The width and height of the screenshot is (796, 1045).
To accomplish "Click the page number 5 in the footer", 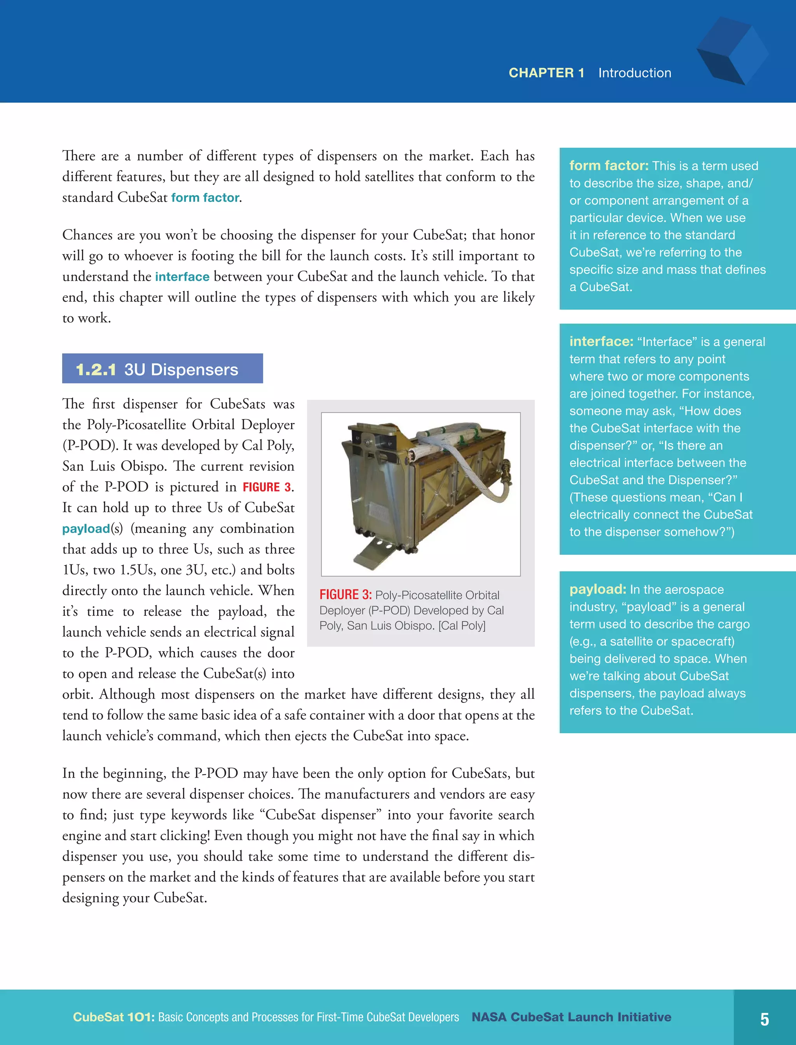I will pos(764,1019).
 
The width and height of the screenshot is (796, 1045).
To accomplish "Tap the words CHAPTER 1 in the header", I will pos(546,73).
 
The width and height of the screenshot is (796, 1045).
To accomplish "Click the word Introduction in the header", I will pos(634,73).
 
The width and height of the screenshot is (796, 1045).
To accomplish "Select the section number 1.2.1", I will pos(96,370).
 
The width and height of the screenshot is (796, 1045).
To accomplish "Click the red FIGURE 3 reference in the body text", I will pos(267,487).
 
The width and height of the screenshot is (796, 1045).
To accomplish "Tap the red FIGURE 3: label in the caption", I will pos(346,595).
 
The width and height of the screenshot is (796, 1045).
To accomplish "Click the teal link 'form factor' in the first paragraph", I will pos(205,197).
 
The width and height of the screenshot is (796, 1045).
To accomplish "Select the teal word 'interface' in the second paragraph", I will pos(182,277).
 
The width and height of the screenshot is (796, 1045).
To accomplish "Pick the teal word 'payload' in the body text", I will pos(86,528).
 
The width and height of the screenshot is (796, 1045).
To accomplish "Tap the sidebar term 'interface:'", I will pos(601,342).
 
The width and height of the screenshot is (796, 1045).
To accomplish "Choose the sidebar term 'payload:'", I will pos(597,589).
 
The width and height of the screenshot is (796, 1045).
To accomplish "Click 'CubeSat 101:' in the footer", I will pos(114,1017).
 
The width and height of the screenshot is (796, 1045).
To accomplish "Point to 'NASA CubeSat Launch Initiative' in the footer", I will pos(571,1017).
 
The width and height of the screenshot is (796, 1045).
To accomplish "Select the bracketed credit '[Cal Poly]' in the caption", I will pos(462,626).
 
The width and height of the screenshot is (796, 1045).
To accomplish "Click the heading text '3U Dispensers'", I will pos(181,370).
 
